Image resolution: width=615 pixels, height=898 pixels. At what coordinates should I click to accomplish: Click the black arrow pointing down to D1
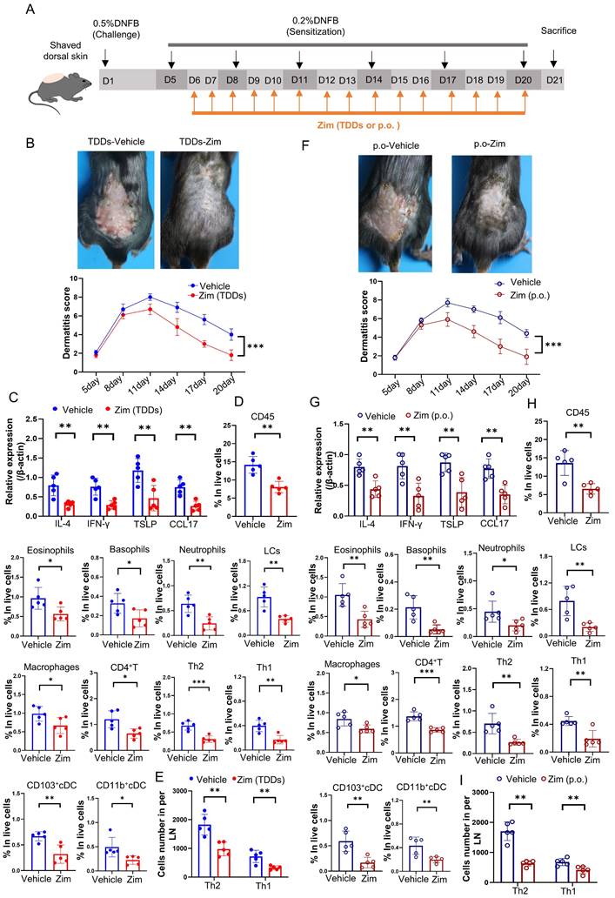[x=104, y=58]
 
